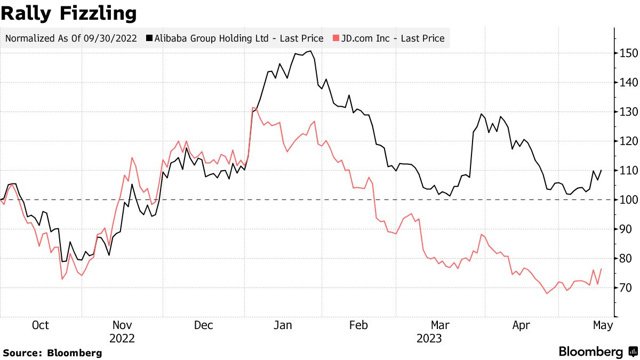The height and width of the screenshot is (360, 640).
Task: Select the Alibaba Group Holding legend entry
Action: tap(238, 38)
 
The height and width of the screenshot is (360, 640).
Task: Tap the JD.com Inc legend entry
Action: tap(393, 38)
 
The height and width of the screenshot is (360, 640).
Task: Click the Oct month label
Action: tap(41, 325)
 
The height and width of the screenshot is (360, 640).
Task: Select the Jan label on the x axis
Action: tap(283, 325)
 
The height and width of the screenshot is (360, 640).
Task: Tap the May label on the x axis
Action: tap(603, 325)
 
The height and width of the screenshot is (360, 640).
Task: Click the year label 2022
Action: tap(122, 338)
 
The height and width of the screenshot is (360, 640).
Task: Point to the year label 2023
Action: tap(429, 338)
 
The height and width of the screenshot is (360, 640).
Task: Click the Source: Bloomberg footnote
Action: tap(52, 353)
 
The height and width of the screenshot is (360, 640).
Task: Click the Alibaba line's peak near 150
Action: tap(310, 51)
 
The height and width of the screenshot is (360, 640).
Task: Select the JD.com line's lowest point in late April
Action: tap(547, 293)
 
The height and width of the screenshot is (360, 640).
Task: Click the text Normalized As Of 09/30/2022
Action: tap(71, 38)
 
